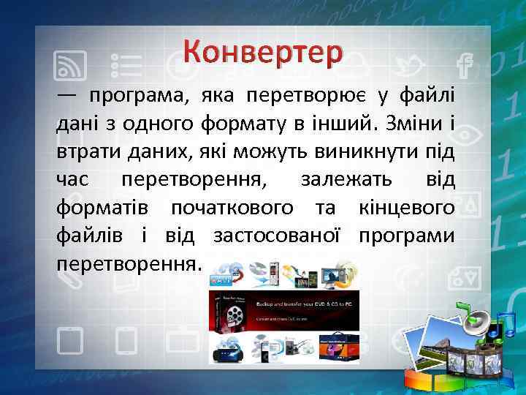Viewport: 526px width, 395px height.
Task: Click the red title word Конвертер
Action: pyautogui.click(x=263, y=52)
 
